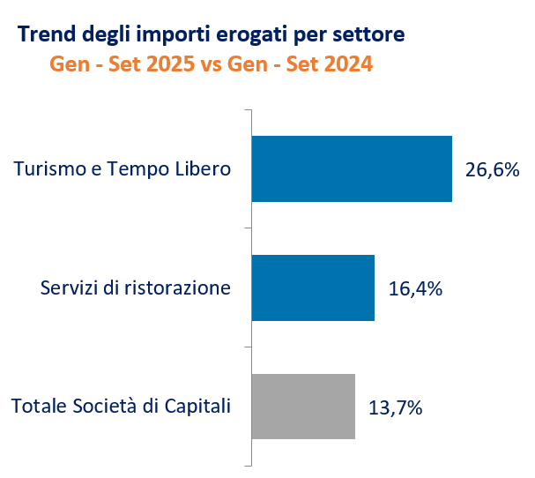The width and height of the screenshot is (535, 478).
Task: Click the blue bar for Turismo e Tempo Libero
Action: coord(352,169)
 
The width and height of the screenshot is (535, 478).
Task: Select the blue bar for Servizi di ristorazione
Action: coord(313,288)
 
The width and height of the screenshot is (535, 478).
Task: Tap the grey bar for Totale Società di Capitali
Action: coord(303,407)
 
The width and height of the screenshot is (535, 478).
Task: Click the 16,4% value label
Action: coord(415,288)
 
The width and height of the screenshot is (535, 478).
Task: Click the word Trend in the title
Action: coord(42,34)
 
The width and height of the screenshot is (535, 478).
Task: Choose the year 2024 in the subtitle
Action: coord(346,64)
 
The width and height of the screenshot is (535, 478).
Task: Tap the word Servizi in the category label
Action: coord(68,288)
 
